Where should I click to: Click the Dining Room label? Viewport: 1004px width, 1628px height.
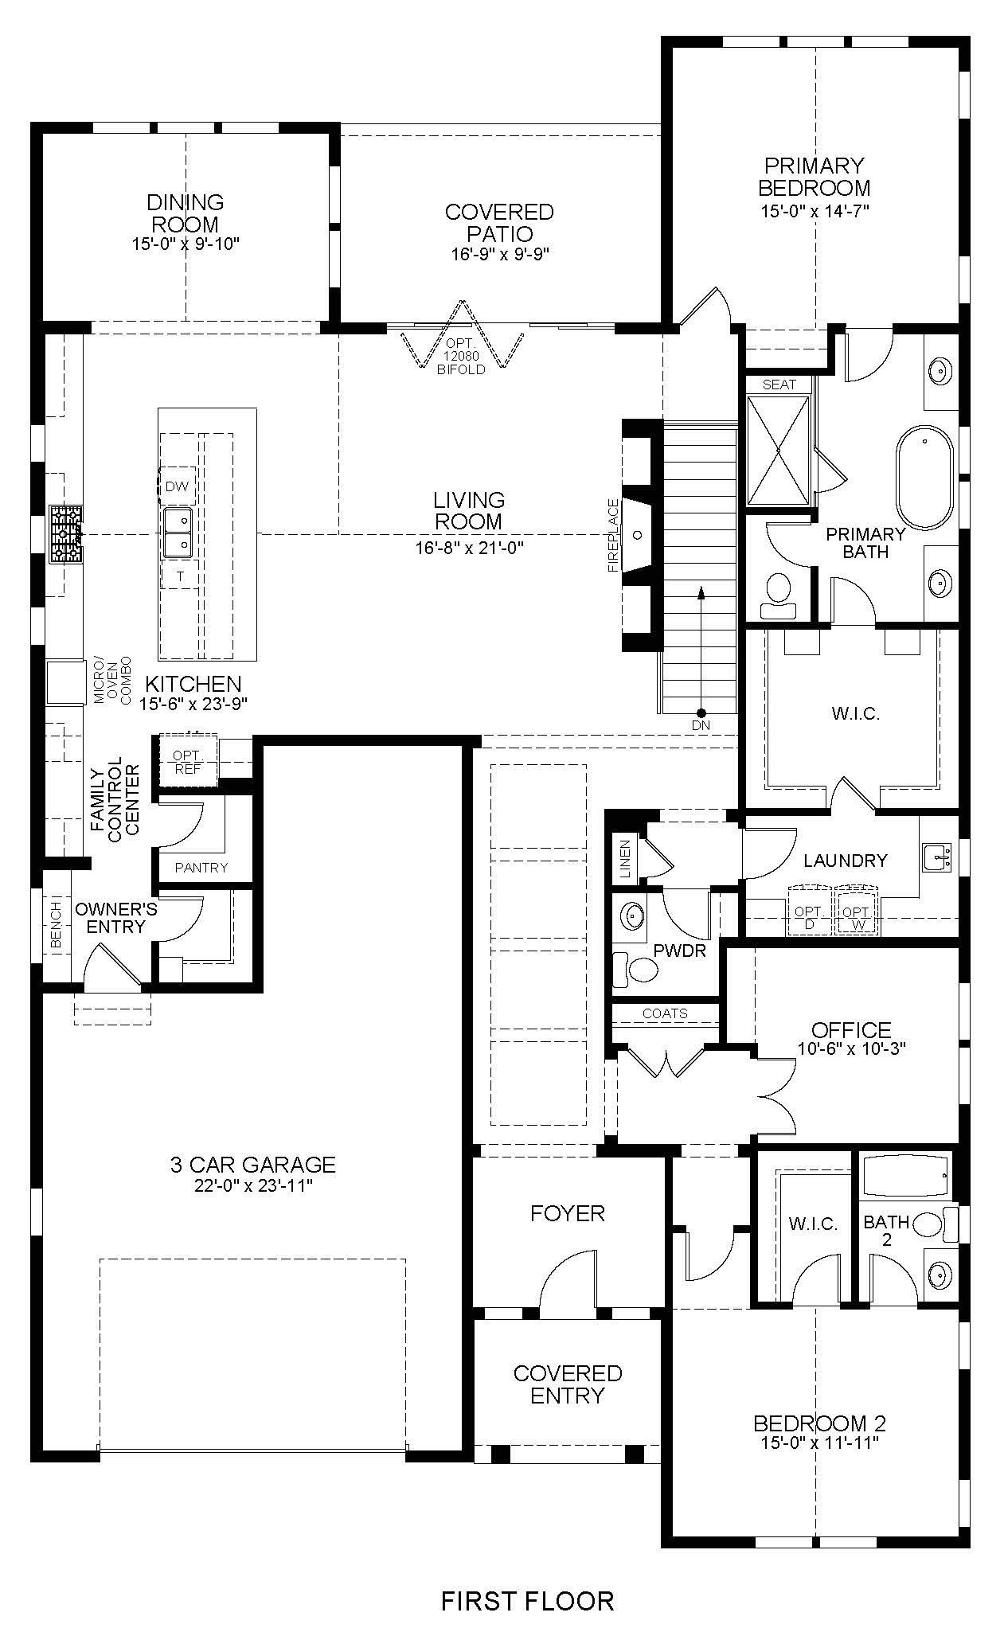click(x=186, y=213)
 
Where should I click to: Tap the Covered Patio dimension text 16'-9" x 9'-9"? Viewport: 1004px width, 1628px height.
click(x=499, y=254)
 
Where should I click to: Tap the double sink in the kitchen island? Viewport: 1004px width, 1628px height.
click(x=178, y=533)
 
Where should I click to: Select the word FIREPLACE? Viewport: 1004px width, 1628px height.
click(x=613, y=536)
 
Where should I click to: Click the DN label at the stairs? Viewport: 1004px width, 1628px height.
click(x=701, y=725)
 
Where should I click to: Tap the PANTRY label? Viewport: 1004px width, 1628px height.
click(x=201, y=868)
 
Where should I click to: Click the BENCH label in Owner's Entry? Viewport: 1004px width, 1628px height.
click(x=56, y=925)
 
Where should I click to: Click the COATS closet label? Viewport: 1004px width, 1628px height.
click(x=665, y=1013)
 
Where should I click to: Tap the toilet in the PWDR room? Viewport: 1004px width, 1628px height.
click(x=637, y=970)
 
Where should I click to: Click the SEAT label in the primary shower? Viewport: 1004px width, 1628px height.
click(x=779, y=384)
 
